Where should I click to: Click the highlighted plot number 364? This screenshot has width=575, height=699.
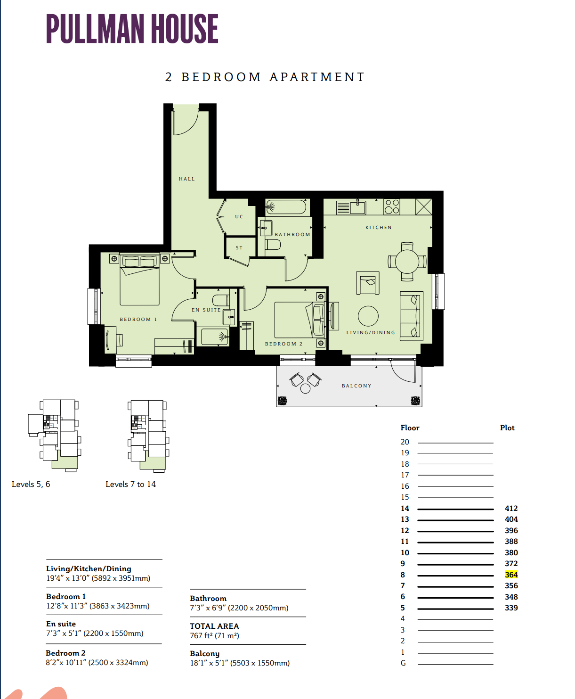coord(511,575)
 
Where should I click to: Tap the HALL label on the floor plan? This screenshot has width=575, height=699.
coord(187,179)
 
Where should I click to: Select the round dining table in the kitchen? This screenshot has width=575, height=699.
coord(407,262)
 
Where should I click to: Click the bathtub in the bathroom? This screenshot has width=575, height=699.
coord(286,207)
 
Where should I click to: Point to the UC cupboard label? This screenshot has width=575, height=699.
coord(239,217)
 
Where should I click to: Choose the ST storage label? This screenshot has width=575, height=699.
coord(239,248)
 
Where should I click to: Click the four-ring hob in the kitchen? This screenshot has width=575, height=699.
coord(392,206)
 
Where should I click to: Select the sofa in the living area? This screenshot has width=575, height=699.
coord(412,316)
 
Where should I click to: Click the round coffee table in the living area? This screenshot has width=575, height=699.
coord(368,316)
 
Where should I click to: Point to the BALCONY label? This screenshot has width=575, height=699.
coord(356,386)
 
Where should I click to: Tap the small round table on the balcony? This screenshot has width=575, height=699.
coord(305,388)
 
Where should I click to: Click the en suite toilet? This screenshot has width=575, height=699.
coord(221,300)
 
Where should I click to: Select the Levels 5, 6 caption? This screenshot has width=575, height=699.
coord(31,484)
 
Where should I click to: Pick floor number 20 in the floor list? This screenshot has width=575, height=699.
coord(405,442)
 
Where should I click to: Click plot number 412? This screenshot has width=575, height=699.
coord(511,508)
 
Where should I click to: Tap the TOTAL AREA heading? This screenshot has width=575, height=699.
coord(214,626)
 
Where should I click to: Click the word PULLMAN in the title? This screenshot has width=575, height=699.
coord(95,29)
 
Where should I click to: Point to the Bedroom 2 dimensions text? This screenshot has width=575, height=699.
coord(97,663)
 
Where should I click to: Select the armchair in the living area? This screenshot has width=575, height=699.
coord(368,283)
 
